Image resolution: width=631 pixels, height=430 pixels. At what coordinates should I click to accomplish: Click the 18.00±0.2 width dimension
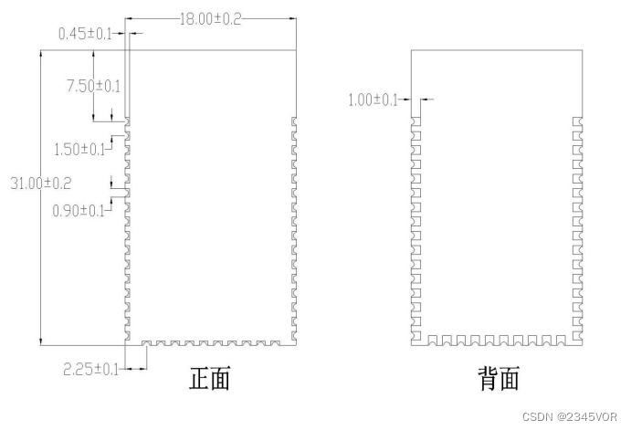pos(210,19)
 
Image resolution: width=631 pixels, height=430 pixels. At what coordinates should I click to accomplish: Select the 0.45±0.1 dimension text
pos(84,34)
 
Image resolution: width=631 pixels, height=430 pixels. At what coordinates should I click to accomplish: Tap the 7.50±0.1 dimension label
pos(93,86)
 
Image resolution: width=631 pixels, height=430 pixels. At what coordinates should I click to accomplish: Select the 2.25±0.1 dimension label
pos(90,370)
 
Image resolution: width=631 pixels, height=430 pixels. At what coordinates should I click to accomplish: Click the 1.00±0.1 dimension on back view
pos(373,100)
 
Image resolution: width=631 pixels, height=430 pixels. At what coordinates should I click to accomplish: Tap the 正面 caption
pos(209,378)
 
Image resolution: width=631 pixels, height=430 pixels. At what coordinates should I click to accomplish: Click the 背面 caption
pos(499,378)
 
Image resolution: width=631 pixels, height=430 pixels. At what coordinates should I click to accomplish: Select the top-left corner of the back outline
pos(411,49)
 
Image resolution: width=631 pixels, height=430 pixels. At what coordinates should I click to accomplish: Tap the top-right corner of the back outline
pos(582,49)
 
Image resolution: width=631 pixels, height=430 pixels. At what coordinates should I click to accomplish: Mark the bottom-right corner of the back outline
pos(582,346)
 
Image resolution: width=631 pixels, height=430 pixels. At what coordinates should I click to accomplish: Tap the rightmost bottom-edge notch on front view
pos(280,343)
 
